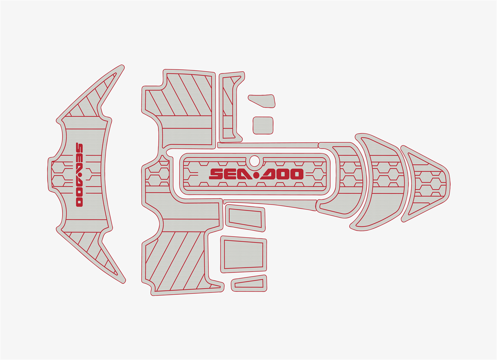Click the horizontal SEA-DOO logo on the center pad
coord(256,174)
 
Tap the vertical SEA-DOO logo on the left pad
coord(80,175)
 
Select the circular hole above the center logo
coord(254,161)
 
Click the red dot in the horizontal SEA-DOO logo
coord(256,175)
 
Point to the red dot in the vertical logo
coord(80,176)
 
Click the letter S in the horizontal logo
coord(216,174)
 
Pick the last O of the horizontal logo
coord(296,174)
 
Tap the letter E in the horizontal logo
coord(230,174)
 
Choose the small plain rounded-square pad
coord(263,126)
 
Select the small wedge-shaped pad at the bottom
coord(249,283)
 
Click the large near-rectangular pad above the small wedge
coord(243,255)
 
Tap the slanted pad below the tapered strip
coord(245,218)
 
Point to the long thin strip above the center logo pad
coord(268,145)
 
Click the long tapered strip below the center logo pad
coord(270,204)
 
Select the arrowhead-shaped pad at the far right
coord(425,184)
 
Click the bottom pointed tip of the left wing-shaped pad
coord(124,282)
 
